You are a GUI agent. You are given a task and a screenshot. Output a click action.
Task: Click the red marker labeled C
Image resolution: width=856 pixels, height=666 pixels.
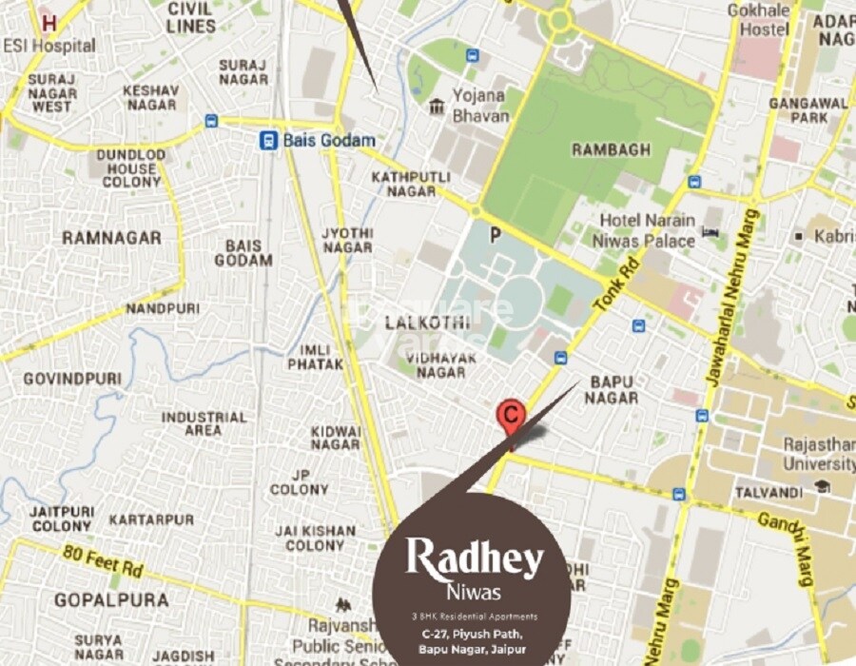coord(512,415)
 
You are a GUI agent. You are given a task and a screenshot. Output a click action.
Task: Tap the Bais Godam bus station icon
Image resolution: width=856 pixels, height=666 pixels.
coord(270,140)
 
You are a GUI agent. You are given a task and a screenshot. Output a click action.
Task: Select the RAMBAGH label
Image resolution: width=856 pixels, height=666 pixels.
coord(611,149)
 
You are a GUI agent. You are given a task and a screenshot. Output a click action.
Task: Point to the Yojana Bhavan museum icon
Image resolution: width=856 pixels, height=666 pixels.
coord(437,105)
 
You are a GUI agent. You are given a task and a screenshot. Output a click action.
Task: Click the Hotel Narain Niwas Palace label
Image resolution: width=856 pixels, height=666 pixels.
coord(647,230)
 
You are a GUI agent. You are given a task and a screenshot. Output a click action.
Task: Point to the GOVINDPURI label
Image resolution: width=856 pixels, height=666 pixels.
coord(72,379)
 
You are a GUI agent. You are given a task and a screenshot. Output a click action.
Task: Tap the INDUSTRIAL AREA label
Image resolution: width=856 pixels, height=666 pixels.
coord(204,423)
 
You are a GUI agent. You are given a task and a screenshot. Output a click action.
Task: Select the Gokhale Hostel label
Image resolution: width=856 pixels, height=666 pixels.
coord(759,20)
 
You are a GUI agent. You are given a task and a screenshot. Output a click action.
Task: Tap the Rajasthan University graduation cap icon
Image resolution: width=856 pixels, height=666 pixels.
coord(822,486)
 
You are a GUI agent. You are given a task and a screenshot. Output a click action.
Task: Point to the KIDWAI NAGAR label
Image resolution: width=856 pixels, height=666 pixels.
coord(336,438)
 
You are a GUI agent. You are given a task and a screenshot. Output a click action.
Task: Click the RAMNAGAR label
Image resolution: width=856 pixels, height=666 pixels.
coord(111,237)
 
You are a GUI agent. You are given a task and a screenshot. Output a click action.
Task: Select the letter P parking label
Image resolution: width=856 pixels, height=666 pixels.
coord(494,234)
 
